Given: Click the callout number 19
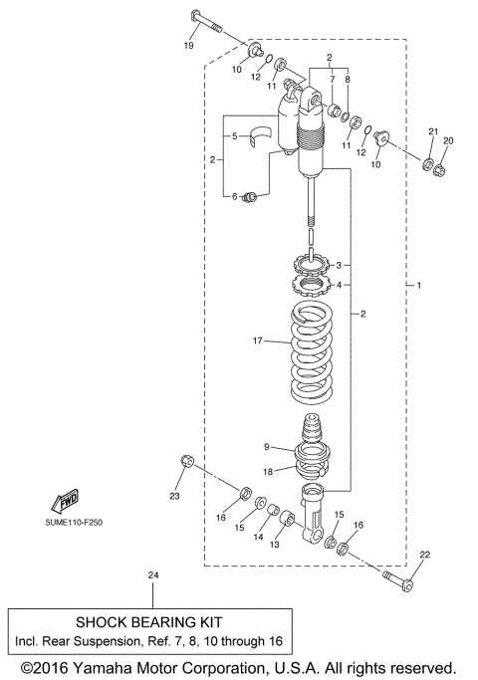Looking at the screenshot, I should click(187, 46).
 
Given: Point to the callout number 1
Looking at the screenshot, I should click(419, 286).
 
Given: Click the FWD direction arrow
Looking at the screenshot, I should click(68, 498).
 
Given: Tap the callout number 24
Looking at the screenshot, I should click(152, 575).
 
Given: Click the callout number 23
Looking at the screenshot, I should click(175, 495).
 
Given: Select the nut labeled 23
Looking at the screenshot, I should click(185, 460).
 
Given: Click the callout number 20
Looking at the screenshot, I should click(448, 141).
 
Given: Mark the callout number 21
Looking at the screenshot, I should click(432, 132).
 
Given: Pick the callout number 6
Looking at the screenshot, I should click(236, 196).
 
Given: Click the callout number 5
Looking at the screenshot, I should click(236, 135).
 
